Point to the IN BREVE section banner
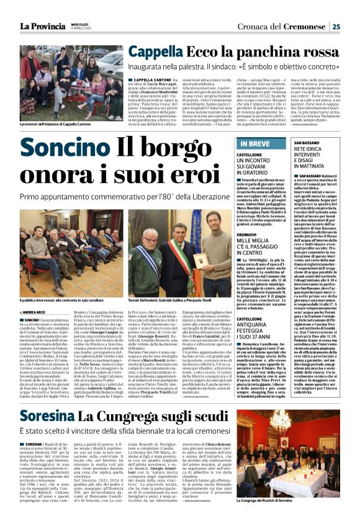(253, 144)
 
